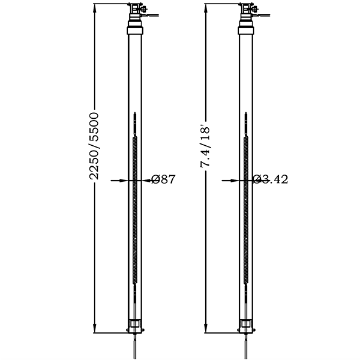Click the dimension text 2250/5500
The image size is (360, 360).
94,146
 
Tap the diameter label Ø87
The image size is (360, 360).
163,179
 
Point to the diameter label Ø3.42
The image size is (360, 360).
270,179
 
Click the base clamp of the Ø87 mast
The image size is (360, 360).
136,328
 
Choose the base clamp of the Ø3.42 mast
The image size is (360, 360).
246,328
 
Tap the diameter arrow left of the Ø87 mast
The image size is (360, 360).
120,179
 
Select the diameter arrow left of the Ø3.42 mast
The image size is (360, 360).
230,179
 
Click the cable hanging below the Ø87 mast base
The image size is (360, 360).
134,348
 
